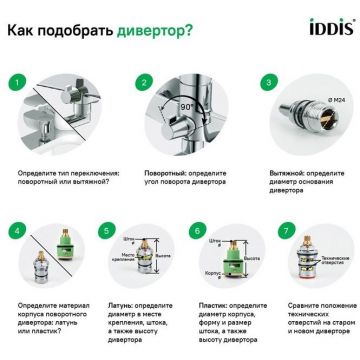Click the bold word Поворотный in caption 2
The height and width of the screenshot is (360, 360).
pos(155,172)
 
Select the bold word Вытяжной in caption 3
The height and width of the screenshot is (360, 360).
pos(270,172)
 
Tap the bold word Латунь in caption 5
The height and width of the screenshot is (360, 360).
pos(115,310)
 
